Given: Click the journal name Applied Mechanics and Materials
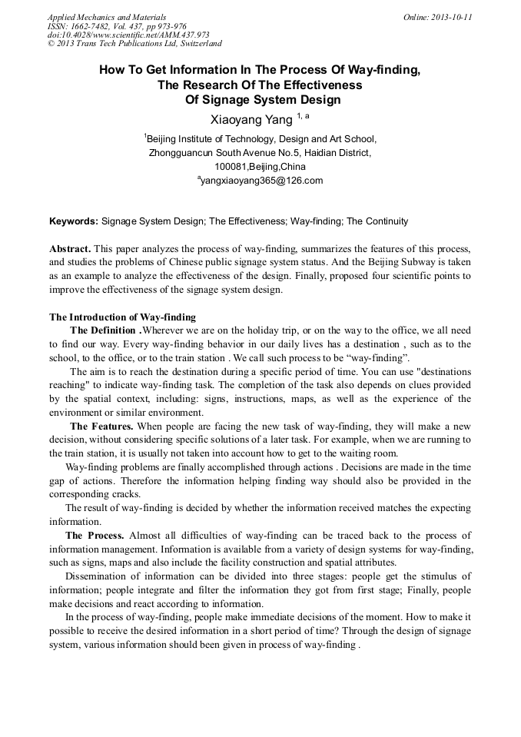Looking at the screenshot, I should (x=107, y=17).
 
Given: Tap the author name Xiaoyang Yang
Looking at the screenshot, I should (x=251, y=119).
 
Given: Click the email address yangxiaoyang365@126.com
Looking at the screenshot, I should (x=261, y=181).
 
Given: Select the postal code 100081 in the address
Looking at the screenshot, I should (x=231, y=167).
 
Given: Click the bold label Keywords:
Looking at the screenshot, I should (x=74, y=221).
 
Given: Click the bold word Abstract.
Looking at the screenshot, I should (x=70, y=250).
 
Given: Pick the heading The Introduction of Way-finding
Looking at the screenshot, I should (x=122, y=317).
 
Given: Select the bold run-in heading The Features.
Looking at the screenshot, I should (x=101, y=425).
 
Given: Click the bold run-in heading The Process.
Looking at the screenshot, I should (x=95, y=535).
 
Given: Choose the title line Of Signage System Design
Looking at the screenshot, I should (x=260, y=99).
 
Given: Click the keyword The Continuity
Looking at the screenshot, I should (x=377, y=221).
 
